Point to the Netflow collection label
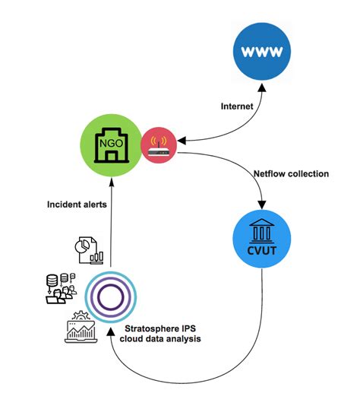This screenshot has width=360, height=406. coord(292,173)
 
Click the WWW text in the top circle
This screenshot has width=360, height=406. coord(262,52)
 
